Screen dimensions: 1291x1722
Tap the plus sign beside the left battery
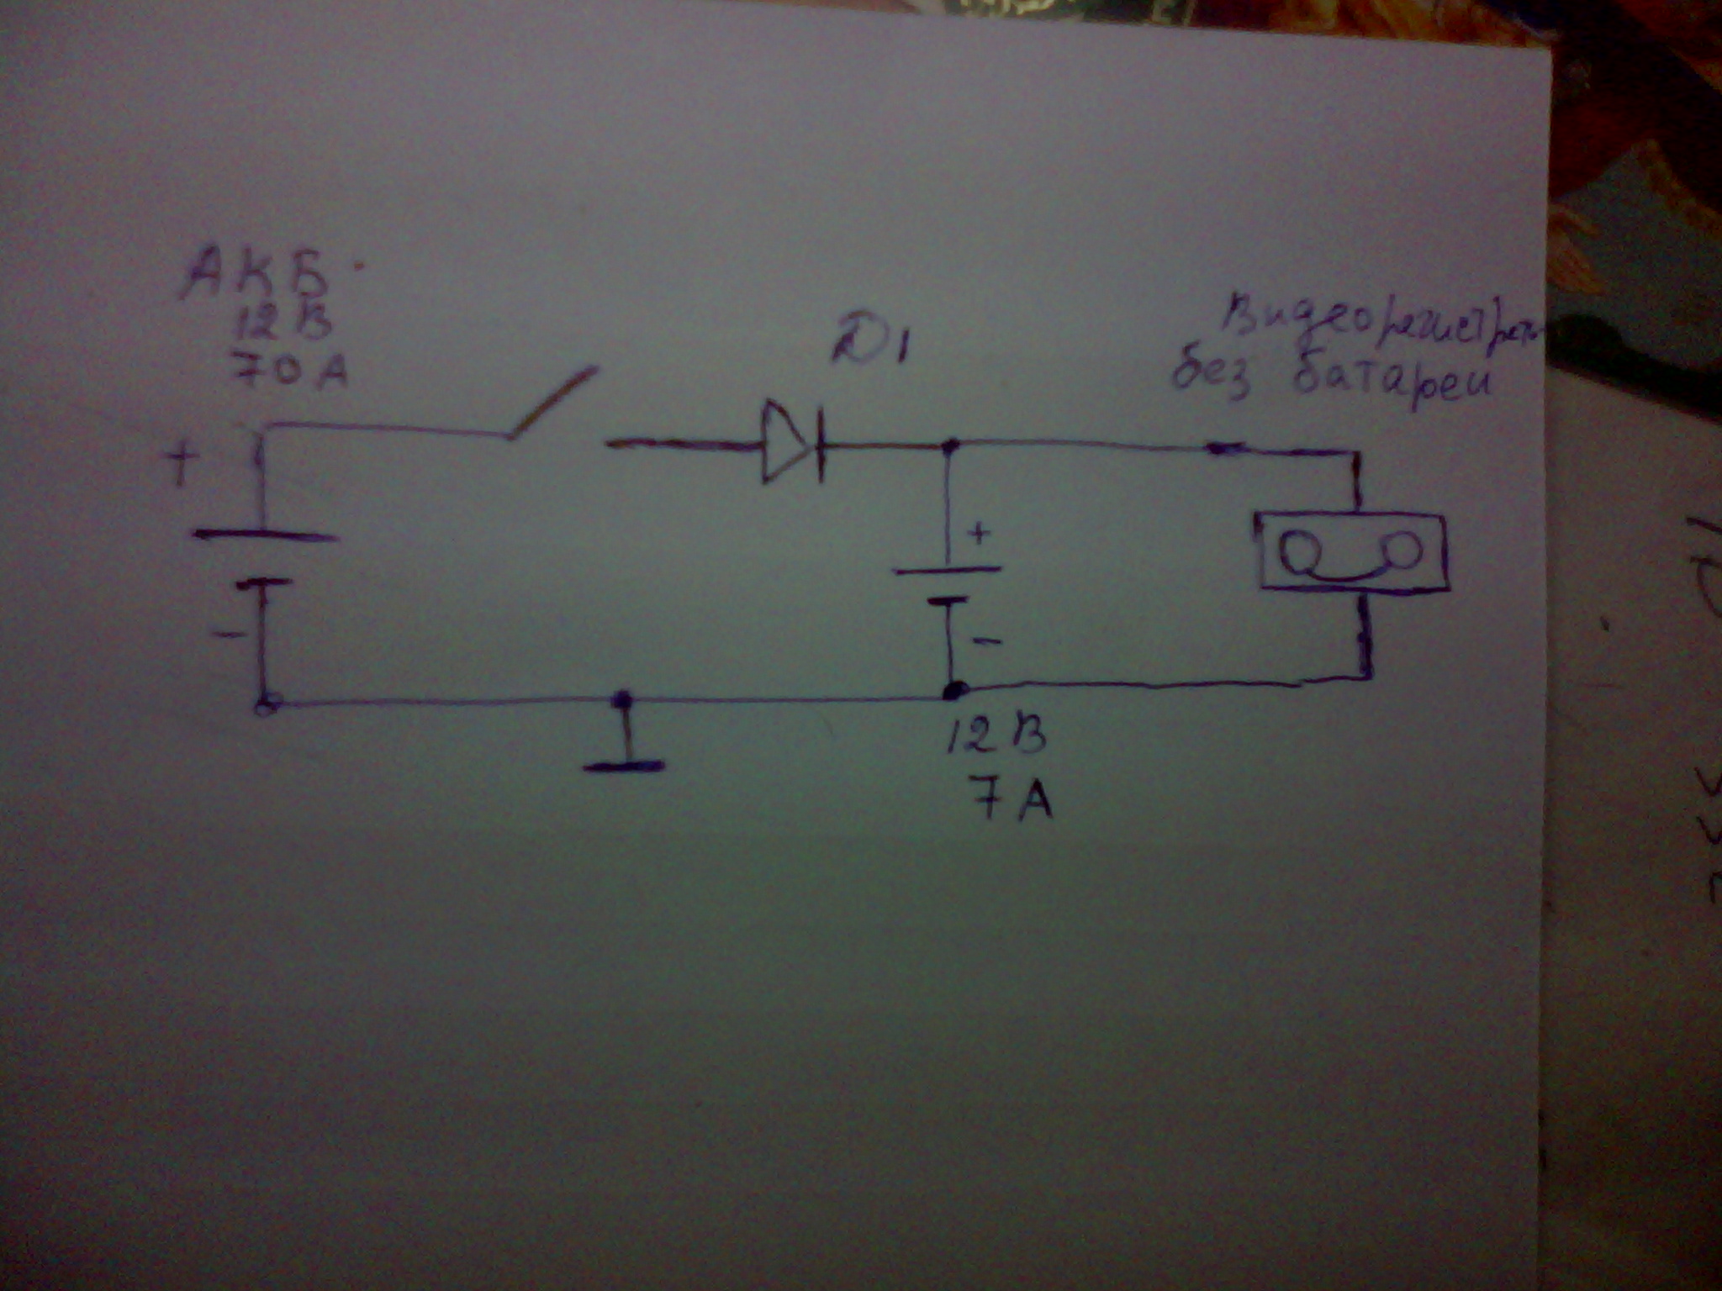pyautogui.click(x=180, y=465)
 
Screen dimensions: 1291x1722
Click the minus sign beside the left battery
pyautogui.click(x=227, y=634)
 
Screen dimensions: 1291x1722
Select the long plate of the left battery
pyautogui.click(x=266, y=536)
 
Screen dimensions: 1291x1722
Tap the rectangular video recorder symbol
pyautogui.click(x=1351, y=551)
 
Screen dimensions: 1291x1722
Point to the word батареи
pyautogui.click(x=1387, y=384)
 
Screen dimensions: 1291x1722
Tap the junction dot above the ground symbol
pyautogui.click(x=622, y=698)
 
